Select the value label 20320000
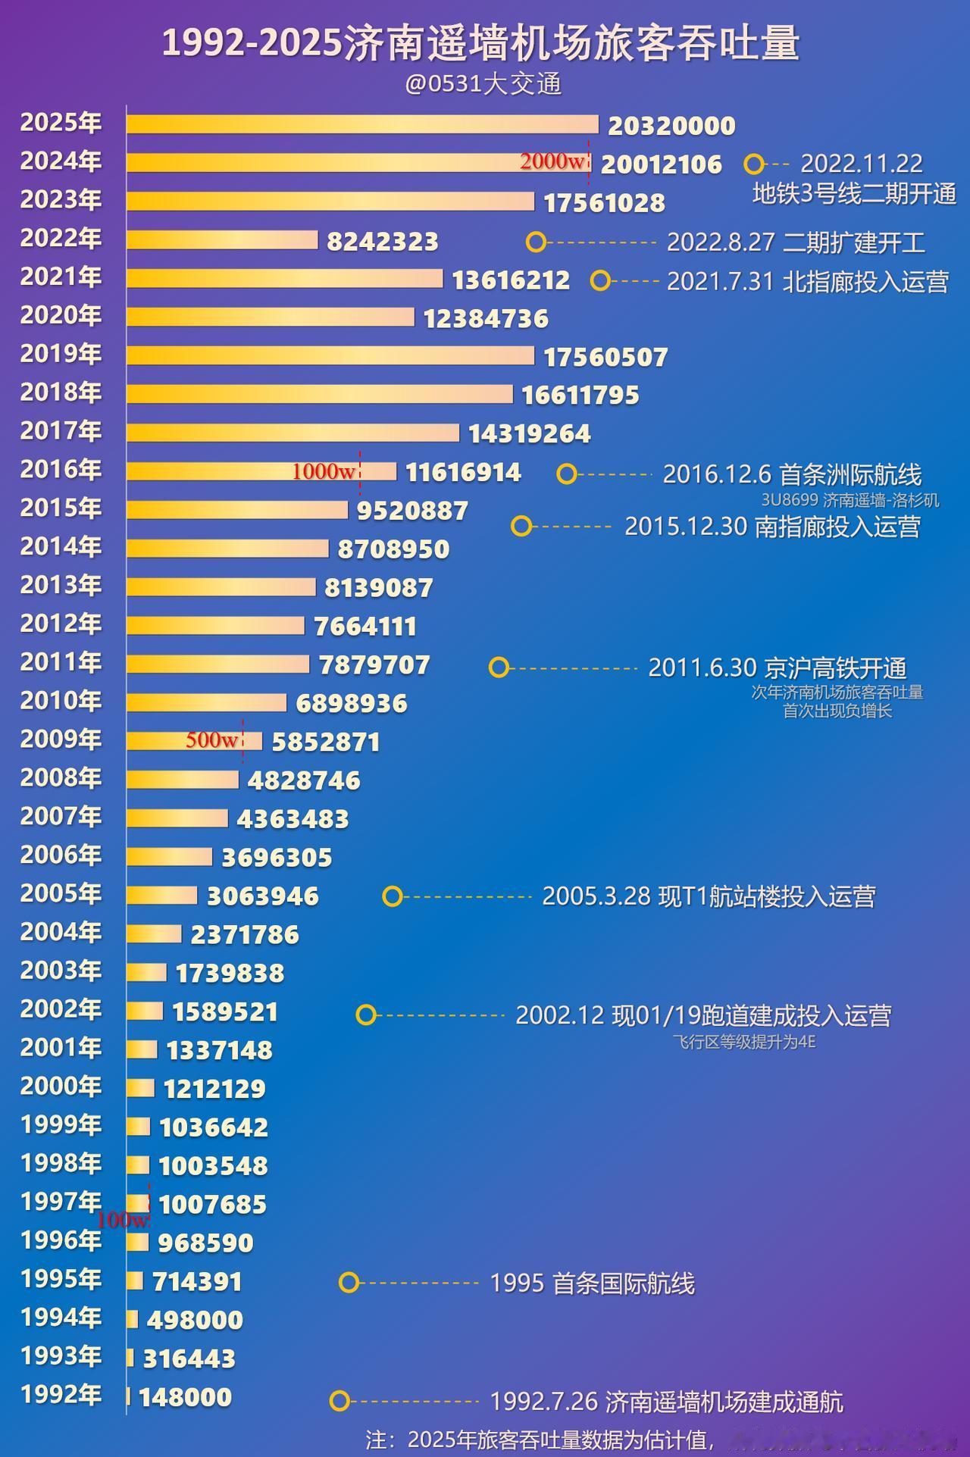tap(671, 126)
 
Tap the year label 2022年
tap(61, 238)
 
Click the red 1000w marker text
tap(324, 472)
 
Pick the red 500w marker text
tap(212, 740)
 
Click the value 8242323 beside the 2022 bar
tap(383, 242)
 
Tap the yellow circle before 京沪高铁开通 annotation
tap(499, 668)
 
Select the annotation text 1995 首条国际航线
tap(592, 1283)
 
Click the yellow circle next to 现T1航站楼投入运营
tap(392, 897)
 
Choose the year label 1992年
tap(61, 1394)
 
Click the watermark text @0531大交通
tap(483, 83)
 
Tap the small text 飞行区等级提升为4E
tap(743, 1042)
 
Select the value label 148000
tap(185, 1396)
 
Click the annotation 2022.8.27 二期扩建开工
tap(796, 242)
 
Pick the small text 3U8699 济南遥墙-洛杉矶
tap(850, 500)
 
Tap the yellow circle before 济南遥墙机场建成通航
tap(339, 1401)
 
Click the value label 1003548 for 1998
tap(213, 1165)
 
